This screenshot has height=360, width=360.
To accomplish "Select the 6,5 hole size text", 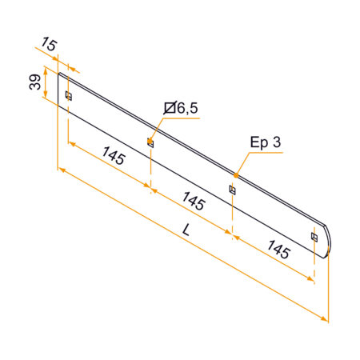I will [x=187, y=108].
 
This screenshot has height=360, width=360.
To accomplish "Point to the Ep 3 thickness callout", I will [x=266, y=142].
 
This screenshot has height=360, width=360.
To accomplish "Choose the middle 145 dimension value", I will [x=194, y=201].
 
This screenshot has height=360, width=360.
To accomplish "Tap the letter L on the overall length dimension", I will [x=186, y=229].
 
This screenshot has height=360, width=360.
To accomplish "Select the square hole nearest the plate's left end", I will [x=68, y=96].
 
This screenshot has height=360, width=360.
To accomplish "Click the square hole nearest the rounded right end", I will [x=314, y=237].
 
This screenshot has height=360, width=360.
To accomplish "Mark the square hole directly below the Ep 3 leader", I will [x=233, y=190].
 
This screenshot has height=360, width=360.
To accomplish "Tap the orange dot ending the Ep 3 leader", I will [x=236, y=174].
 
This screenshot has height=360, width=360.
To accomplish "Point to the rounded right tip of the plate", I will [x=330, y=240].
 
